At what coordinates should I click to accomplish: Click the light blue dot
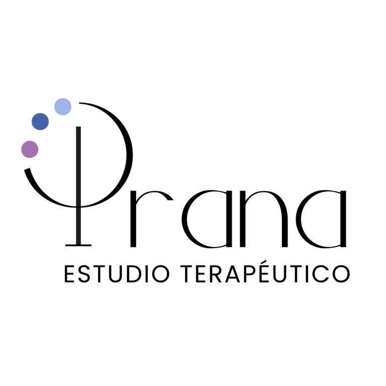(63, 107)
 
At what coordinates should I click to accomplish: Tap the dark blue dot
(40, 122)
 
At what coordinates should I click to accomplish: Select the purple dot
(30, 149)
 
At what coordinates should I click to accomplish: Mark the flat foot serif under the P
(78, 245)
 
